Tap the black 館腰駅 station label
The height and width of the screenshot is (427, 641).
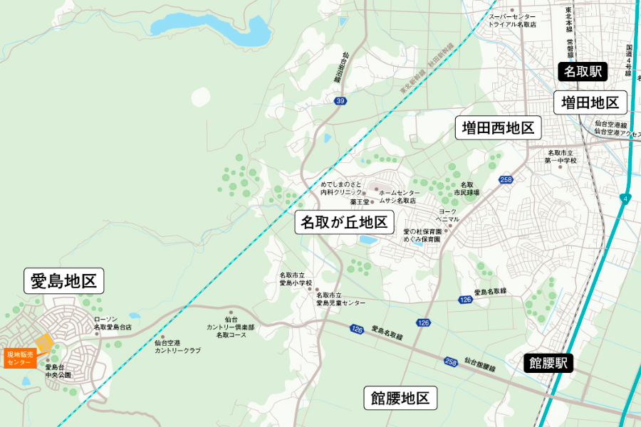pyautogui.click(x=548, y=363)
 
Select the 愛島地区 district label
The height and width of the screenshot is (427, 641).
pyautogui.click(x=64, y=281)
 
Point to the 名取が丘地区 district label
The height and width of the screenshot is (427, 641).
pyautogui.click(x=344, y=223)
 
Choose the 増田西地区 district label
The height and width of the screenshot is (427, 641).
pyautogui.click(x=498, y=128)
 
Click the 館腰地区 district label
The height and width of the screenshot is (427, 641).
pyautogui.click(x=400, y=398)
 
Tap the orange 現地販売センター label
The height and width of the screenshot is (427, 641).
pyautogui.click(x=20, y=358)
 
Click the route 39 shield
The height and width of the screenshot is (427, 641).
pyautogui.click(x=340, y=102)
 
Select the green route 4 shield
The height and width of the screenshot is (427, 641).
pyautogui.click(x=625, y=199)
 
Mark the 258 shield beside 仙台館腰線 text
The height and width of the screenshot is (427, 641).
pyautogui.click(x=450, y=362)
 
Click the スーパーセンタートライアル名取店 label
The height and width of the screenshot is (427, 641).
pyautogui.click(x=512, y=20)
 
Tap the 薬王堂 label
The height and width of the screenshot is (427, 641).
pyautogui.click(x=359, y=201)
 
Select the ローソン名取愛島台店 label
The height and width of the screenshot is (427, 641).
pyautogui.click(x=113, y=324)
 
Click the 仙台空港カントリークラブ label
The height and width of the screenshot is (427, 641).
pyautogui.click(x=177, y=347)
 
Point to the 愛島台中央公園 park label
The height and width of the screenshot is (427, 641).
pyautogui.click(x=59, y=371)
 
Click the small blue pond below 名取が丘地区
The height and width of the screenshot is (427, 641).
pyautogui.click(x=368, y=241)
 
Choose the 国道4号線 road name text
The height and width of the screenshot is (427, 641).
pyautogui.click(x=629, y=60)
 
